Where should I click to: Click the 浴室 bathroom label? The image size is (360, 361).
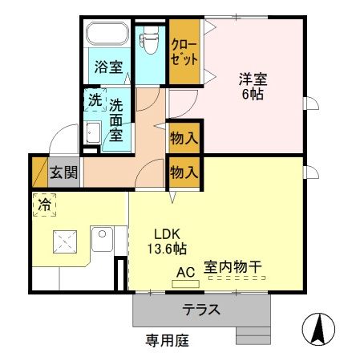[108, 67]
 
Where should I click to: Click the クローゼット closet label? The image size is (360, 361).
[183, 52]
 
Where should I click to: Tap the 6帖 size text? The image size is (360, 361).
[252, 94]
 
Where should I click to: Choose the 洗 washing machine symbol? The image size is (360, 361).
[94, 101]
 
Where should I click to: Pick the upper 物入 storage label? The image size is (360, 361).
[184, 138]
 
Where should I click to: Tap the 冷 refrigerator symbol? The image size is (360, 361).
[44, 205]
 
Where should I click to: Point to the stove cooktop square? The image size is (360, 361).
[64, 241]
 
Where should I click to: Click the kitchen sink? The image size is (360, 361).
[100, 239]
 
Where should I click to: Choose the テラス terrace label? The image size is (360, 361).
[200, 309]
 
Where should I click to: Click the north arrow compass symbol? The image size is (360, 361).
[318, 329]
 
